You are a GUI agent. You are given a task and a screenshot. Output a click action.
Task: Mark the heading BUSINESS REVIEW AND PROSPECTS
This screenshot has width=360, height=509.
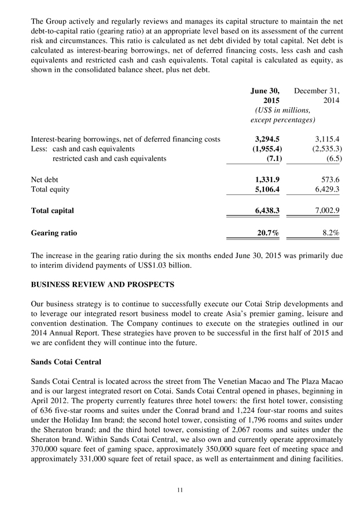102,285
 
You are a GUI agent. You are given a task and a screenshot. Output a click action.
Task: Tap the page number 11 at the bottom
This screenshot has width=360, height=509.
180,490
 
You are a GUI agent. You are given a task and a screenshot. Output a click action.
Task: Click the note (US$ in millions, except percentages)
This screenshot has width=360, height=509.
282,115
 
